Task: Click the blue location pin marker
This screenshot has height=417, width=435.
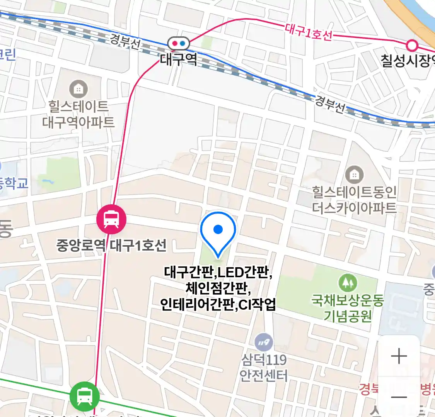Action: tap(218, 231)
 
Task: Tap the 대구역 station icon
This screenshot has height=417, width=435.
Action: tap(179, 44)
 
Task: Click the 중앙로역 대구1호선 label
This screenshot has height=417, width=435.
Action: tap(111, 245)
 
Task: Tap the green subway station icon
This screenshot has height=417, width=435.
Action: tap(84, 396)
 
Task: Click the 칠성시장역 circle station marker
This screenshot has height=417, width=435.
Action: tap(412, 46)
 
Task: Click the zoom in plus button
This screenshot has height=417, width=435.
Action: tap(399, 356)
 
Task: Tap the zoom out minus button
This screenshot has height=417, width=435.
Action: tap(399, 397)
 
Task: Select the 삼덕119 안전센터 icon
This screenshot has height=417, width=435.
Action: tap(264, 342)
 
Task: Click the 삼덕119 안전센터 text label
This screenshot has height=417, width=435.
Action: tap(264, 368)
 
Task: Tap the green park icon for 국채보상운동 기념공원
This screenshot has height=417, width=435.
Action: tap(348, 283)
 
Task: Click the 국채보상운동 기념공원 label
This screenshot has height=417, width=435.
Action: tap(348, 308)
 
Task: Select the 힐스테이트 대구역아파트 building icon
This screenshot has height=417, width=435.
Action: tap(78, 89)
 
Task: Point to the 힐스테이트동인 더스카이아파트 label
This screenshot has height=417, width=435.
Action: tap(354, 200)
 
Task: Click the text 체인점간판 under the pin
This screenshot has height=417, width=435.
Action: tap(218, 288)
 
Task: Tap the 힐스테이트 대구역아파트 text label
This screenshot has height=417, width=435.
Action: tap(78, 114)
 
